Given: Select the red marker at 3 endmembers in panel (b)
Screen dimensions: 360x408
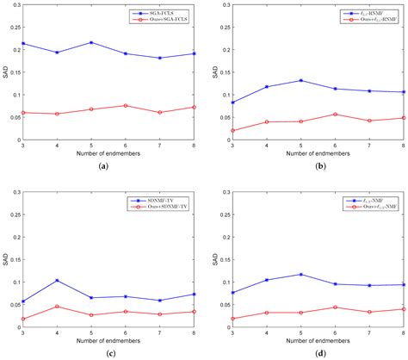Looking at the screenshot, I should click(232, 131).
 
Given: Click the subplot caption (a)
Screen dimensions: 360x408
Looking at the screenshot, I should click(104, 164).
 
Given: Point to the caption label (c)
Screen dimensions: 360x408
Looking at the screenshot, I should click(104, 352).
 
